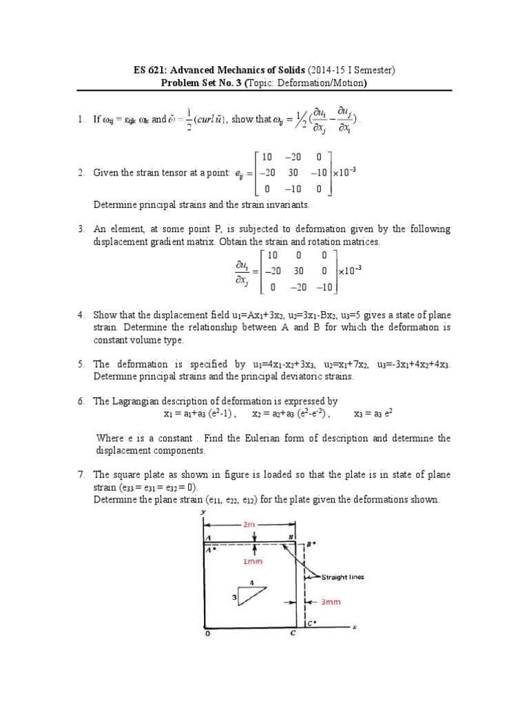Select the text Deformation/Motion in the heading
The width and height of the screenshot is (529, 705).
tap(323, 84)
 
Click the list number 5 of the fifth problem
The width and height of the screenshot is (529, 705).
tap(81, 364)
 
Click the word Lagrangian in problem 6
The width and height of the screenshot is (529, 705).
tap(136, 401)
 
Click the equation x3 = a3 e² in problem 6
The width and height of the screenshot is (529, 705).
tap(373, 414)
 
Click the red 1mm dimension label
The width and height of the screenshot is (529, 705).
tap(254, 561)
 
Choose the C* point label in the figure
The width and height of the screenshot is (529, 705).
tap(312, 624)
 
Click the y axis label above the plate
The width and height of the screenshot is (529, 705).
tap(205, 512)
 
